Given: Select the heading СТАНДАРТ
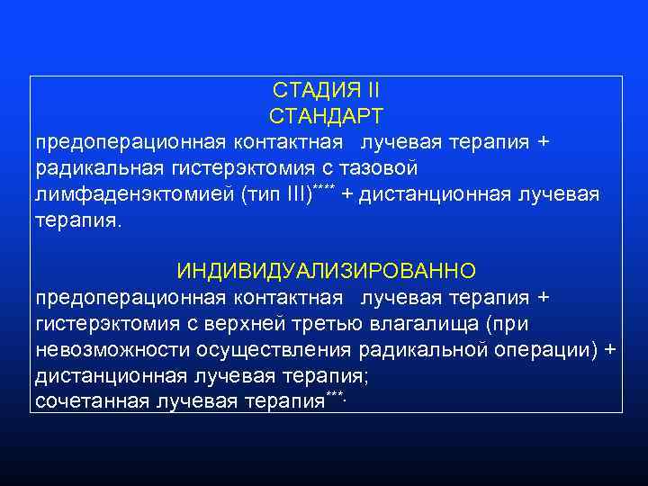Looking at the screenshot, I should (x=326, y=117).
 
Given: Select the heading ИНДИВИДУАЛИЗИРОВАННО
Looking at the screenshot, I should (x=327, y=271).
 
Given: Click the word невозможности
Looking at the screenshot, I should (x=98, y=349).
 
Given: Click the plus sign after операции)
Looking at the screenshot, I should (x=611, y=349).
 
